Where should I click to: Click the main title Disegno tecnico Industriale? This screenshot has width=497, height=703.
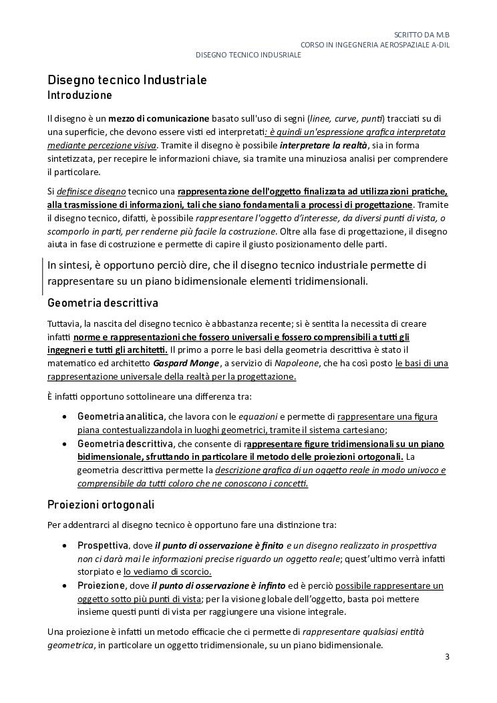(x=127, y=80)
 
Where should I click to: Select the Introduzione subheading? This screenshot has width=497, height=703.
(x=79, y=96)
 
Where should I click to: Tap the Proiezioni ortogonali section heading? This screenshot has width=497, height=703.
(x=101, y=504)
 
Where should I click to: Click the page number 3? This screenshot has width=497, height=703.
(x=448, y=657)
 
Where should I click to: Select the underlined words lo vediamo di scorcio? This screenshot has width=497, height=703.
(x=168, y=572)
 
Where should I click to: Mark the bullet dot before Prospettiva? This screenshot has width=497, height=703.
(x=63, y=546)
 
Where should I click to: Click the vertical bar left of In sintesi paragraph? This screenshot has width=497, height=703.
(x=43, y=274)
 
